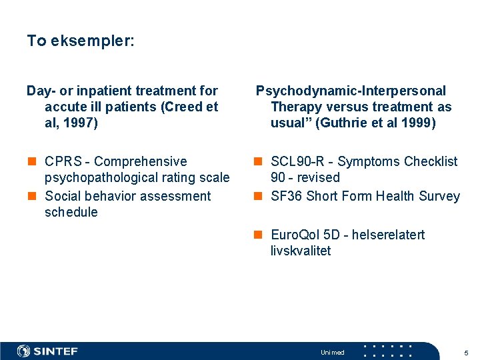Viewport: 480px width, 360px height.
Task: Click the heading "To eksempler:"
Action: coord(80,41)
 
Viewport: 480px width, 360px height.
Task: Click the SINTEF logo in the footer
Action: coord(47,351)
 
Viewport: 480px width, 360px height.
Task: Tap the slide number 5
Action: coord(466,353)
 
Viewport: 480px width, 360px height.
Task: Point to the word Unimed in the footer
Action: coord(333,353)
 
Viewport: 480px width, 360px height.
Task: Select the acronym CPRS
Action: coord(64,161)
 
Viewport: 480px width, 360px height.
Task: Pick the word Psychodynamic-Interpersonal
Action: coord(351,91)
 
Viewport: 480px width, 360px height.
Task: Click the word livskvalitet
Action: coord(301,251)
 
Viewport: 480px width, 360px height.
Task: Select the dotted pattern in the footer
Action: coord(387,351)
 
